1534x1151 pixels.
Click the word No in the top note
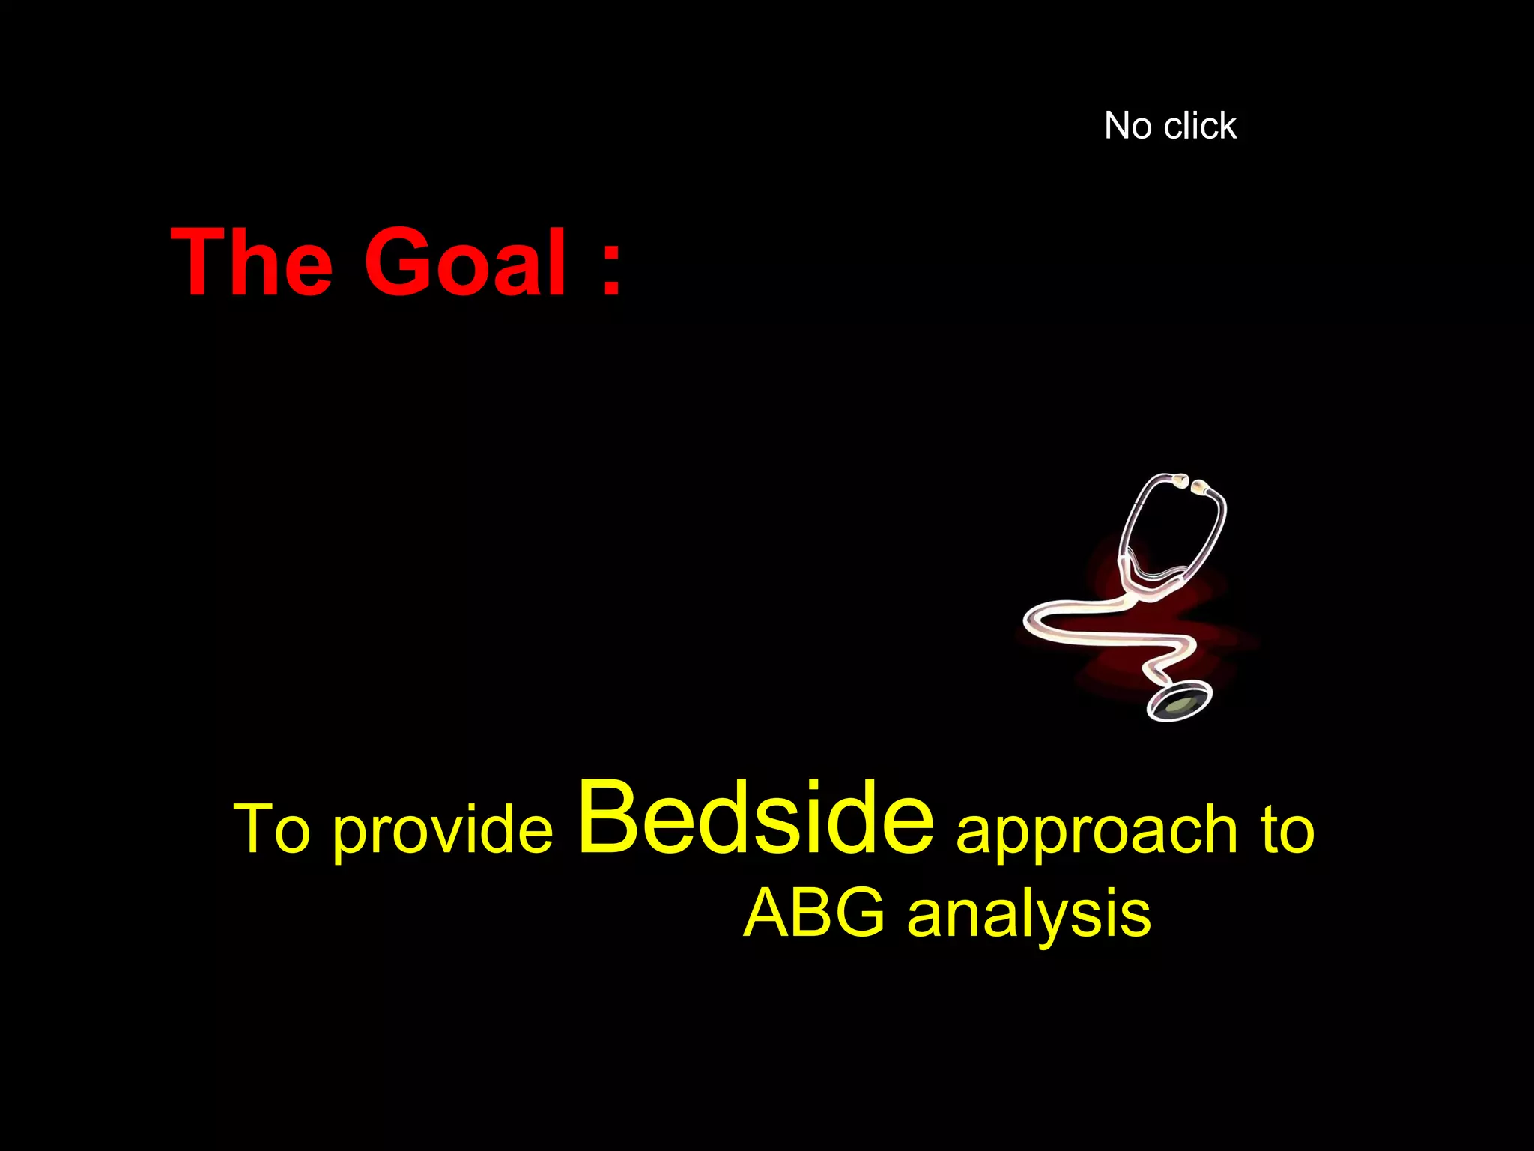tap(1128, 126)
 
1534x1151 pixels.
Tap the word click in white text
tap(1200, 126)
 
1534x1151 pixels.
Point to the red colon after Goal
tap(611, 266)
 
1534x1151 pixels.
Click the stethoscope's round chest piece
tap(1180, 702)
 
